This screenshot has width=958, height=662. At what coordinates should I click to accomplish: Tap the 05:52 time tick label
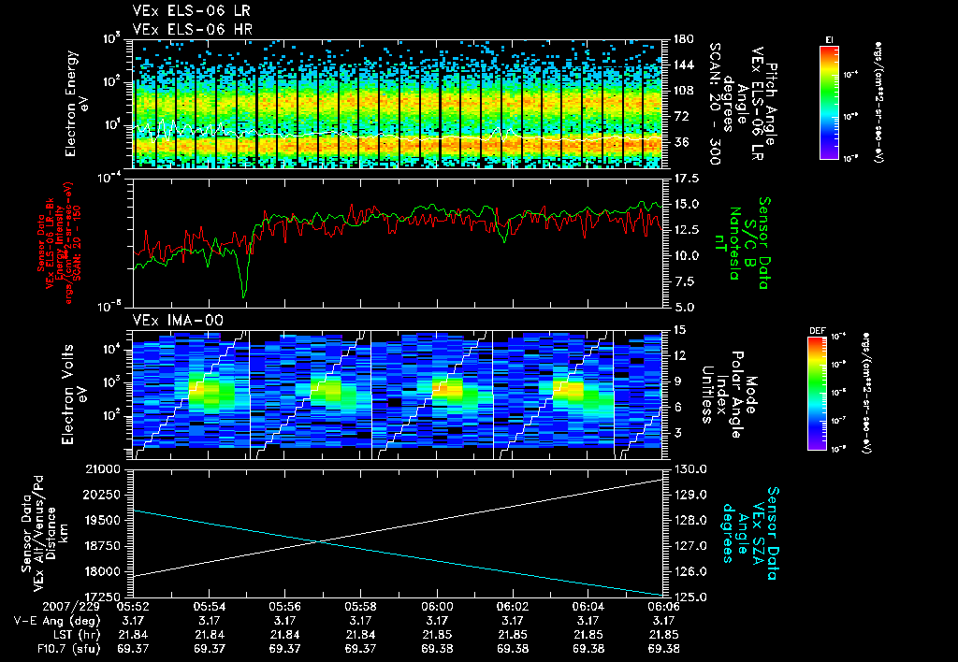[133, 606]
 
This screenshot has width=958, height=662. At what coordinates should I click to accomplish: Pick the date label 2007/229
[38, 606]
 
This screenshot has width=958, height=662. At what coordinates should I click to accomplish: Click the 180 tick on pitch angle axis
[683, 39]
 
